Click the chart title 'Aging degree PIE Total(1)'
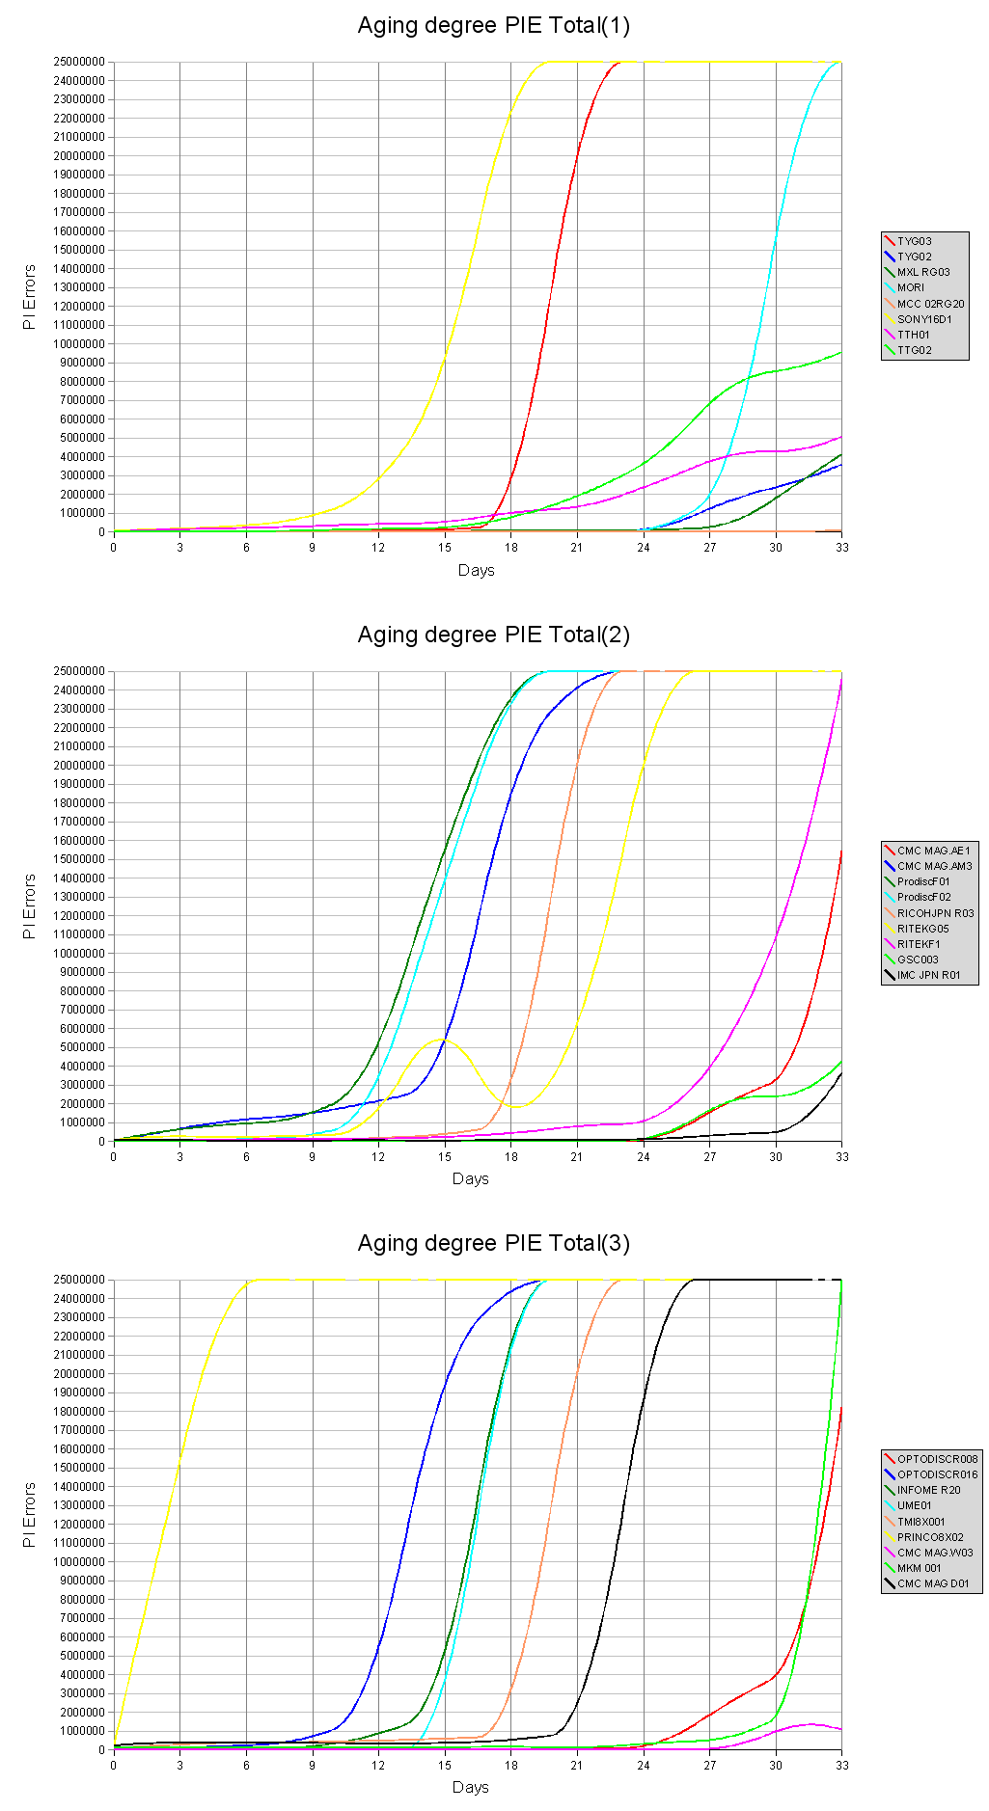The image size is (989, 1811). pyautogui.click(x=493, y=25)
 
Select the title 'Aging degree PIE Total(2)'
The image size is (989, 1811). pyautogui.click(x=493, y=635)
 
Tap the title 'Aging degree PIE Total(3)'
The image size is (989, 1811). pyautogui.click(x=493, y=1243)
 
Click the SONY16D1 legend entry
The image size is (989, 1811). pyautogui.click(x=923, y=319)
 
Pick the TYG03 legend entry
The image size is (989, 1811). pyautogui.click(x=914, y=241)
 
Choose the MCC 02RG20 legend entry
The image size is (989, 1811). pyautogui.click(x=930, y=304)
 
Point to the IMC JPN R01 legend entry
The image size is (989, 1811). pyautogui.click(x=928, y=975)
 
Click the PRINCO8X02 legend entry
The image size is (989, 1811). pyautogui.click(x=930, y=1537)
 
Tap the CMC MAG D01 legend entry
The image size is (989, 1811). pyautogui.click(x=932, y=1583)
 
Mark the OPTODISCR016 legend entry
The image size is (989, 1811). pyautogui.click(x=937, y=1474)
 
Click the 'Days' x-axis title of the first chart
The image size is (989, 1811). pyautogui.click(x=476, y=570)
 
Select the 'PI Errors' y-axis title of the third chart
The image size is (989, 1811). pyautogui.click(x=29, y=1515)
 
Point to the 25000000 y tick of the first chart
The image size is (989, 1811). pyautogui.click(x=79, y=62)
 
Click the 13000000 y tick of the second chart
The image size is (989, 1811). pyautogui.click(x=79, y=897)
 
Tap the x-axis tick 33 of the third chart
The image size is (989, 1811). pyautogui.click(x=841, y=1766)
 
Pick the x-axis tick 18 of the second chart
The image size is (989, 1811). pyautogui.click(x=510, y=1157)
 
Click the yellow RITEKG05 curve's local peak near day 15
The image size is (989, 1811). pyautogui.click(x=441, y=1040)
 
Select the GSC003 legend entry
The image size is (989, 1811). pyautogui.click(x=917, y=960)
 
